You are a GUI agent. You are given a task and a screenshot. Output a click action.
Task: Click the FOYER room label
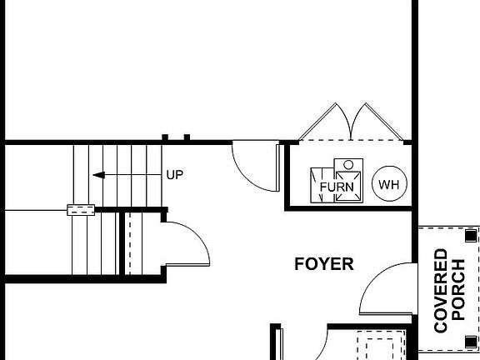(324, 265)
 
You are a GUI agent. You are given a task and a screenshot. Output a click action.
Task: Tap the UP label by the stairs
(174, 175)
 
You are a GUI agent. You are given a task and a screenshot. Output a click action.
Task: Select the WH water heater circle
(388, 184)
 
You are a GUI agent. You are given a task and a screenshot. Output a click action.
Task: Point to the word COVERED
(442, 290)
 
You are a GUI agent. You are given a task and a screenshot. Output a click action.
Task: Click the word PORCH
(459, 290)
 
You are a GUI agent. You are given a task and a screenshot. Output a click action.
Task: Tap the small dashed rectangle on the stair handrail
(81, 210)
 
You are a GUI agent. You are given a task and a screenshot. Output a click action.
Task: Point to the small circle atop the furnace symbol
(349, 164)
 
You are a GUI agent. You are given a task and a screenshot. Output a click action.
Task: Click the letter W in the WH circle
(384, 184)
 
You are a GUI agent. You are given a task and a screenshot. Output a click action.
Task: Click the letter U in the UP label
(170, 175)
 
